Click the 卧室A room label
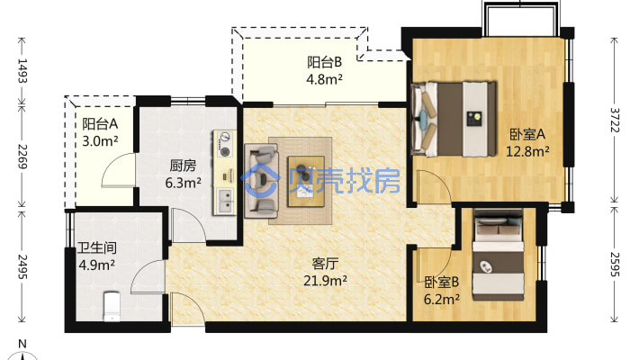pos(528,134)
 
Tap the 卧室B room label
pos(442,282)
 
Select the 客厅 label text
pos(325,264)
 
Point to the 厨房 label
pos(183,166)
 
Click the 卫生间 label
pos(96,247)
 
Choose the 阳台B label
pos(324,62)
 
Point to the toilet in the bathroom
pos(112,306)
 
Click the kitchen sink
pos(225,196)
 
